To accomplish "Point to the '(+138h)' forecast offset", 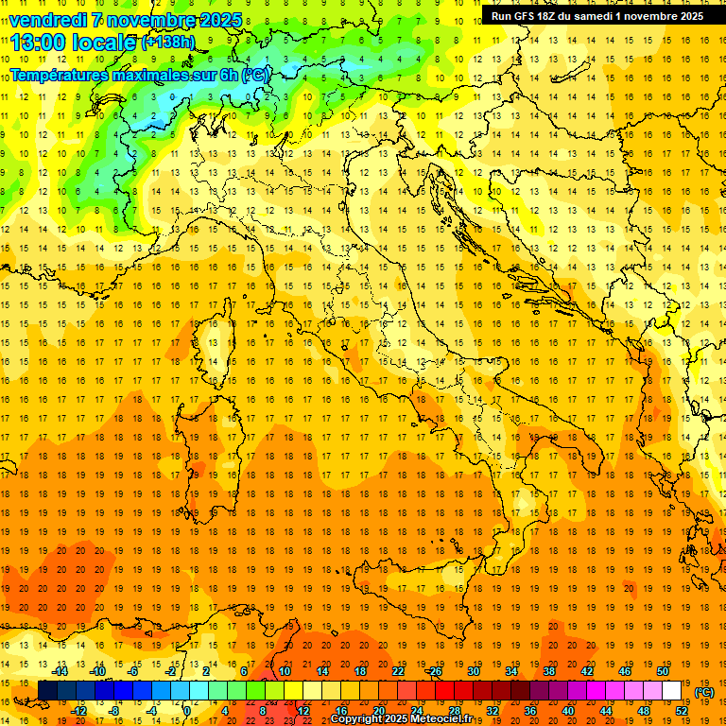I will [x=168, y=43].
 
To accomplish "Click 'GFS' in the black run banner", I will [x=524, y=16].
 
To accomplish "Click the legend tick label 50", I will [x=663, y=671].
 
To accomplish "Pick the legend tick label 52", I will [x=682, y=711].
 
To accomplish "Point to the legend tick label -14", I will [x=60, y=671].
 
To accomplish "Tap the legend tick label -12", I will [x=78, y=711].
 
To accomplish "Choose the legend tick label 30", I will [x=474, y=671].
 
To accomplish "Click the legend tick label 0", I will [x=188, y=711].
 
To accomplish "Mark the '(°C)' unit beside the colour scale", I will [x=704, y=692].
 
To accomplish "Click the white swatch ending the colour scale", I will [x=671, y=691].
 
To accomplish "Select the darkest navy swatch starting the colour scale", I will [x=47, y=691].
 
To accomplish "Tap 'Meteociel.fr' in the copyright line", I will [x=441, y=719].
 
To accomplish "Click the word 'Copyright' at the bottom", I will [x=356, y=719].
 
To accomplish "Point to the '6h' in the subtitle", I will [x=229, y=74].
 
